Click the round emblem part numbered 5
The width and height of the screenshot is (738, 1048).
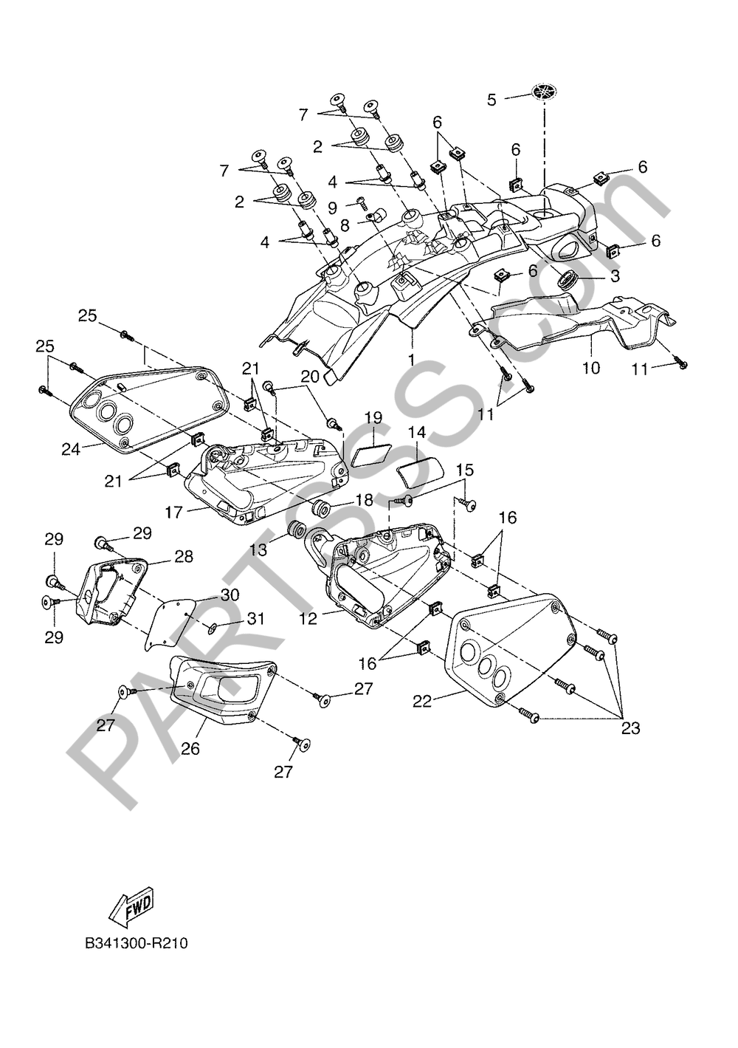coord(543,93)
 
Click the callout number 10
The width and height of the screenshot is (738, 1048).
coord(592,366)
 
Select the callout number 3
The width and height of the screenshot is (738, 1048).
coord(613,276)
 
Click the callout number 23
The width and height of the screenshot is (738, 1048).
coord(630,727)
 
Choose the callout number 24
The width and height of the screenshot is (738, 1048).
coord(71,449)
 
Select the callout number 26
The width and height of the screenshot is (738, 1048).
coord(190,747)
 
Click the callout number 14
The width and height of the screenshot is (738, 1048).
coord(417,432)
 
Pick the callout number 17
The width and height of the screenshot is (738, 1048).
coord(173,511)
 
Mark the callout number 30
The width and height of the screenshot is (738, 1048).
coord(230,595)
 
